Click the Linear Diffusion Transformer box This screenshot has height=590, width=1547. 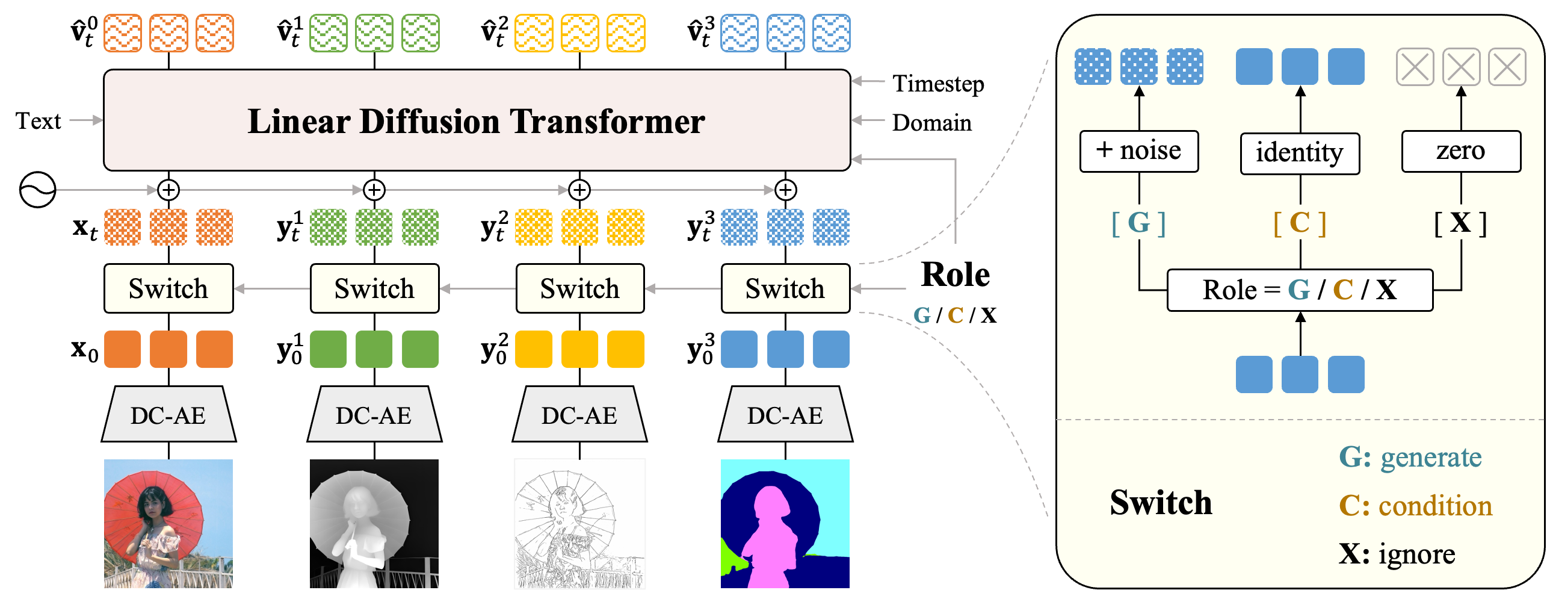pos(477,120)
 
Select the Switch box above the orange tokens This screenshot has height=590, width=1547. pos(168,288)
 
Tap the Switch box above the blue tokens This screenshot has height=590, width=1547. pos(785,288)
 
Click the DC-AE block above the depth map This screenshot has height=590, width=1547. pos(374,415)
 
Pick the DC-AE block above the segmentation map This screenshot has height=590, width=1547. pos(785,415)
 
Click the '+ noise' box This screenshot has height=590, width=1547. pos(1139,151)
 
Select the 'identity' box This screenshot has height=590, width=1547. pos(1300,153)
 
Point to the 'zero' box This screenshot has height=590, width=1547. pos(1461,151)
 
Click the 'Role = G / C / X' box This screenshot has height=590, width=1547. pos(1300,290)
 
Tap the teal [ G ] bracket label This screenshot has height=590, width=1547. pos(1139,223)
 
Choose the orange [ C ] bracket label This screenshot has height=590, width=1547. pos(1300,223)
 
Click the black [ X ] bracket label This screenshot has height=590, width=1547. pos(1461,223)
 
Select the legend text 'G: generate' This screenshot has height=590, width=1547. pos(1410,458)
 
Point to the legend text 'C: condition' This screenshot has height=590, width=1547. pos(1416,506)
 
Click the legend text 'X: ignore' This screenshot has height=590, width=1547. pos(1397,554)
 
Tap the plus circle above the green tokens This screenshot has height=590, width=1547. pos(374,190)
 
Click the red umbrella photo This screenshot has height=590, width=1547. pos(168,523)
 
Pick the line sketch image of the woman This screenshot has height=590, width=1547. pos(579,523)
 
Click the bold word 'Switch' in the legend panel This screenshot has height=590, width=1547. pos(1161,503)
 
